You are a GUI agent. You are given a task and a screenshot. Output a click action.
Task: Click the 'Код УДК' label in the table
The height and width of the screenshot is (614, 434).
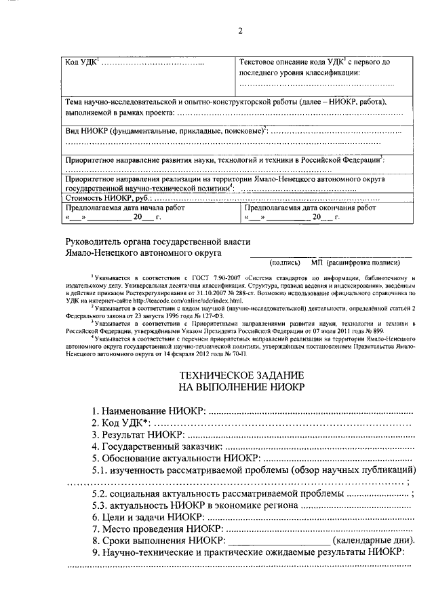[x=81, y=63]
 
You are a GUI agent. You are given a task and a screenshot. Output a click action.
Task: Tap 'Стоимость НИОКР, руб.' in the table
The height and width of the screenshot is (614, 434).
[x=107, y=199]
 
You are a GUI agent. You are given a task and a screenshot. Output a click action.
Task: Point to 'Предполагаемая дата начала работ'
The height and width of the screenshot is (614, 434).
[x=125, y=209]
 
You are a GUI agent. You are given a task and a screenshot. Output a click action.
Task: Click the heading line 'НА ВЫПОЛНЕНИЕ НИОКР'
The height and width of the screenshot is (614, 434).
[x=241, y=387]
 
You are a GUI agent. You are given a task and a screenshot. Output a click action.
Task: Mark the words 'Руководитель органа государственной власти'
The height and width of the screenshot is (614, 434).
[x=158, y=242]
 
